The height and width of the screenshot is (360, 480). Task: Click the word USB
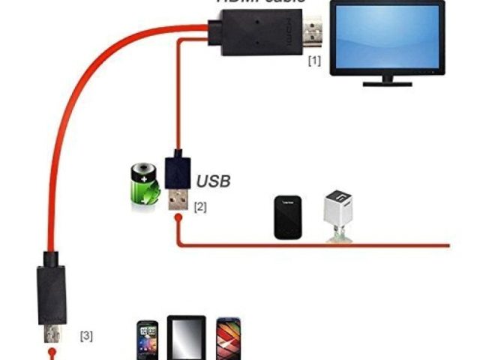[214, 181]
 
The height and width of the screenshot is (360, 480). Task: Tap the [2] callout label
[200, 205]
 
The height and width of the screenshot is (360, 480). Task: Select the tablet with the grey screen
[186, 337]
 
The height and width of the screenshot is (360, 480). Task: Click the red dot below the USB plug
[176, 220]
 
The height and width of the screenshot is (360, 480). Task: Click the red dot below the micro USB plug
[52, 351]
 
